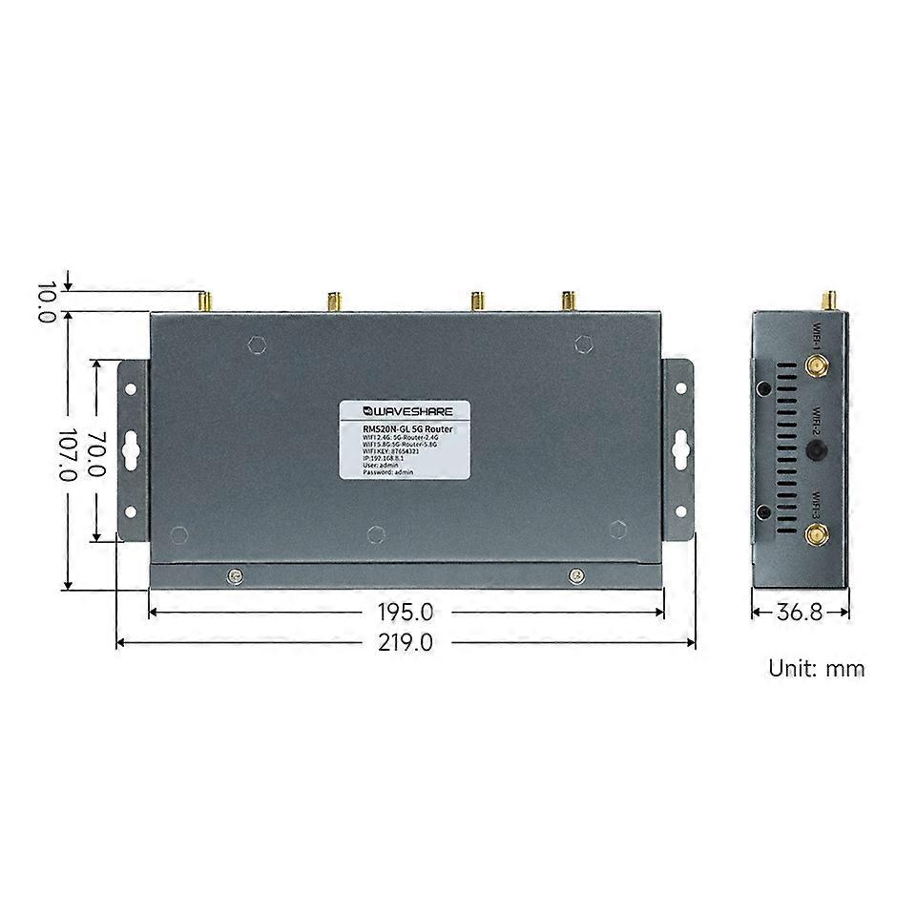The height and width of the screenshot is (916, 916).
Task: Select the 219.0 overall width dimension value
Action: click(x=406, y=643)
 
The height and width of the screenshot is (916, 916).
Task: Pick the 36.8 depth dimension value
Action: click(x=799, y=612)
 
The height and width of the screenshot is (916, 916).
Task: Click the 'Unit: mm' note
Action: click(x=817, y=668)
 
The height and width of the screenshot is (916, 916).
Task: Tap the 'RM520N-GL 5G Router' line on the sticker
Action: click(x=408, y=430)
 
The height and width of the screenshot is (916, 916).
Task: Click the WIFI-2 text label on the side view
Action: click(x=818, y=420)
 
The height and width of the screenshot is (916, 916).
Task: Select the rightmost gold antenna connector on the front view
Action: click(x=568, y=302)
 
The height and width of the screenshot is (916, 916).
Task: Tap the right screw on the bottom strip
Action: click(x=575, y=574)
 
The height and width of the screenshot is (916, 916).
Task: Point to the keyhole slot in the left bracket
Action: click(x=132, y=448)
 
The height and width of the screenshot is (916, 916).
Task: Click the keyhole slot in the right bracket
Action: click(x=680, y=447)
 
